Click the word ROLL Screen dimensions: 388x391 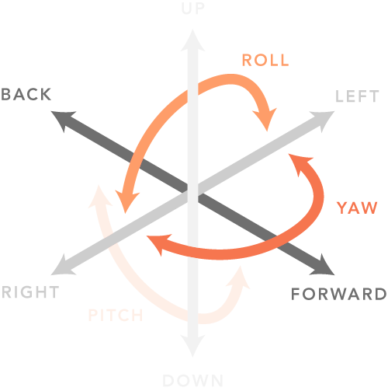265,60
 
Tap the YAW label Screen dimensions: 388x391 357,208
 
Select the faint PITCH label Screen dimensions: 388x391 116,315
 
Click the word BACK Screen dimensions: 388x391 26,94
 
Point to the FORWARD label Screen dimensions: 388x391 339,294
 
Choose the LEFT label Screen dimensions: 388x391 357,96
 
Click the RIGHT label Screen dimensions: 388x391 30,292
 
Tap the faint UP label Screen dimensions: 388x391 193,9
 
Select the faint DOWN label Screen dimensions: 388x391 192,381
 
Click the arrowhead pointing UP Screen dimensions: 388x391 192,41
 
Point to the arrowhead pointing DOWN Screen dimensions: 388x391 192,346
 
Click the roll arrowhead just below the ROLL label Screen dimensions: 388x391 266,119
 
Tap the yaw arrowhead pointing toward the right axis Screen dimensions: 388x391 158,243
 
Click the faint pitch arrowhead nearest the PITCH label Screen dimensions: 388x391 99,197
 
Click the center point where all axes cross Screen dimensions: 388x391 192,193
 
